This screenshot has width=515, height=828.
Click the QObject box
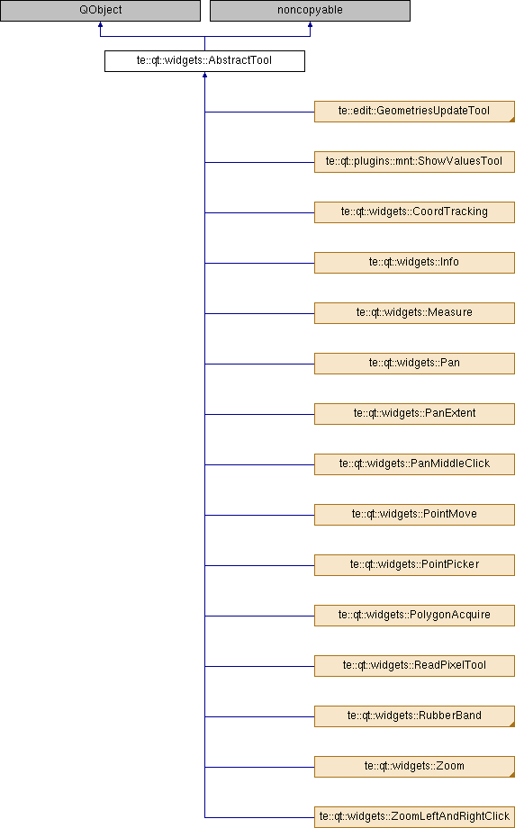(x=100, y=11)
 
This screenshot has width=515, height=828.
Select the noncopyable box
(x=310, y=11)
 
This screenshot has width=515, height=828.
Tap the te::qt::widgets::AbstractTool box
(x=204, y=60)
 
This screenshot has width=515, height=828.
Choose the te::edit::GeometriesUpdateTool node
(x=414, y=112)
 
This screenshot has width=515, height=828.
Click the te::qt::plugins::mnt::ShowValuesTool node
(x=414, y=162)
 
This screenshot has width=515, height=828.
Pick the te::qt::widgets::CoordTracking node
(x=414, y=212)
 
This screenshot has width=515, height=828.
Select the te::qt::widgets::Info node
(x=414, y=263)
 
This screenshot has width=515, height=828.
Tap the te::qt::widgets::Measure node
(x=414, y=313)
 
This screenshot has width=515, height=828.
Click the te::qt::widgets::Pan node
(x=414, y=364)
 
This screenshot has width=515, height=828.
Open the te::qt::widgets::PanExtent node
(x=414, y=414)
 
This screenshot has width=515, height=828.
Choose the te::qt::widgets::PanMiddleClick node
(x=414, y=464)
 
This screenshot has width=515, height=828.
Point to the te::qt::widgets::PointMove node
(x=414, y=514)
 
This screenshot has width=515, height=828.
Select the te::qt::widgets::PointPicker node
(x=414, y=565)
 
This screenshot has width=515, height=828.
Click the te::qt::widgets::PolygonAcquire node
(x=414, y=616)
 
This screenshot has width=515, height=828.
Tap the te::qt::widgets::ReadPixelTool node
(x=414, y=666)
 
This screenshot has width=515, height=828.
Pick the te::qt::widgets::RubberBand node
(x=414, y=716)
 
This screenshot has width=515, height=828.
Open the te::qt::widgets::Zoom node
(x=414, y=766)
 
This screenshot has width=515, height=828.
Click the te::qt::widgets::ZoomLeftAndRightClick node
(x=414, y=817)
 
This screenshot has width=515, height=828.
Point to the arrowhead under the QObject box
(x=100, y=24)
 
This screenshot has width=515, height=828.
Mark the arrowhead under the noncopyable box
(x=310, y=24)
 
